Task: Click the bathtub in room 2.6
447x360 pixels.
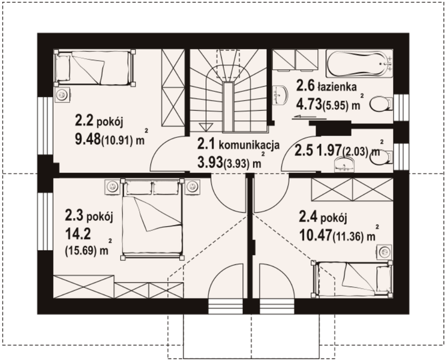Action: pos(359,64)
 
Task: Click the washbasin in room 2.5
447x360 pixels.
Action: pos(344,164)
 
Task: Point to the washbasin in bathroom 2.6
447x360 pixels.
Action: pos(280,95)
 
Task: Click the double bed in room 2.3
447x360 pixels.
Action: pos(152,218)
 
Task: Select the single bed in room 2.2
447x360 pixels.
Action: pos(95,68)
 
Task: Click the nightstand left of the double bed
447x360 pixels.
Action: pos(113,187)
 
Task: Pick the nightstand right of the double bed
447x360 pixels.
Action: pos(193,187)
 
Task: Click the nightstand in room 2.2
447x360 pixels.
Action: pos(62,95)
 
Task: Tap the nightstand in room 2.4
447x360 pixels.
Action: pos(385,252)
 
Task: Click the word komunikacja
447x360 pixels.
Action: pos(249,145)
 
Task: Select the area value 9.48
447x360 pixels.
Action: pos(88,139)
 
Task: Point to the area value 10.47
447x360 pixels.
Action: pos(315,235)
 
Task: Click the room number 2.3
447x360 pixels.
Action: pos(74,215)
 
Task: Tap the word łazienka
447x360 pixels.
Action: pos(337,86)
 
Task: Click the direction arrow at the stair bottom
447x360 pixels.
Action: pos(206,127)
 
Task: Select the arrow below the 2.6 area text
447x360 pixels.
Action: pos(304,116)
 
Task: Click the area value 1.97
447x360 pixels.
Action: pos(329,150)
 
